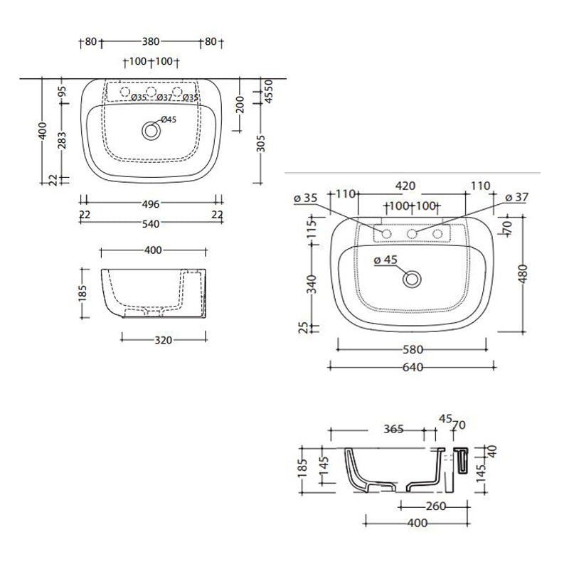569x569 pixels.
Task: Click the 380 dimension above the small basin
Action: click(x=150, y=41)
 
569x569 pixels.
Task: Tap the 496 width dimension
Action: click(x=150, y=203)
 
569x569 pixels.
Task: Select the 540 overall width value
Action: click(x=150, y=223)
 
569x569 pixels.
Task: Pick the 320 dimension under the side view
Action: click(x=164, y=340)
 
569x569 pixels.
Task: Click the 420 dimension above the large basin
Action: click(x=405, y=186)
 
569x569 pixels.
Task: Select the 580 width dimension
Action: click(x=413, y=349)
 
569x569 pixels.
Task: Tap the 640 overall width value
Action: click(x=413, y=368)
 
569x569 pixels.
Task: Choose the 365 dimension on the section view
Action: click(x=393, y=429)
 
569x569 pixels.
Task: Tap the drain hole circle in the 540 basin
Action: click(x=150, y=131)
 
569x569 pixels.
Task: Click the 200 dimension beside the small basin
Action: click(x=240, y=107)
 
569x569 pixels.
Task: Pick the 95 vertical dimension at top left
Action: click(x=62, y=92)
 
